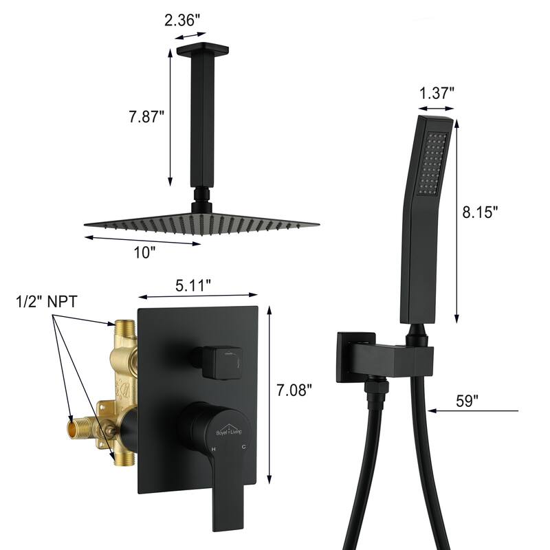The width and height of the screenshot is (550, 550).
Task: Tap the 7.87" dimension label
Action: click(x=146, y=116)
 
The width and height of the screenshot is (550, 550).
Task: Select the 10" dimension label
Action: click(x=144, y=252)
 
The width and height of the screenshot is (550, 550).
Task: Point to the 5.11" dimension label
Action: click(x=193, y=285)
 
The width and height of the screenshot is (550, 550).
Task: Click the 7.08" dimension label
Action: click(x=294, y=390)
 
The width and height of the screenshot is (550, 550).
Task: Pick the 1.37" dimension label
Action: click(x=437, y=93)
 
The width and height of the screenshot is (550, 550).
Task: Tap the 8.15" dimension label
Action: click(x=480, y=212)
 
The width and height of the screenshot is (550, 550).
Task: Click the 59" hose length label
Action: click(x=467, y=401)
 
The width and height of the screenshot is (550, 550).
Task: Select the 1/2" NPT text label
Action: click(x=46, y=302)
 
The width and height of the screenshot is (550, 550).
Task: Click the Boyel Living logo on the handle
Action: click(x=229, y=430)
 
